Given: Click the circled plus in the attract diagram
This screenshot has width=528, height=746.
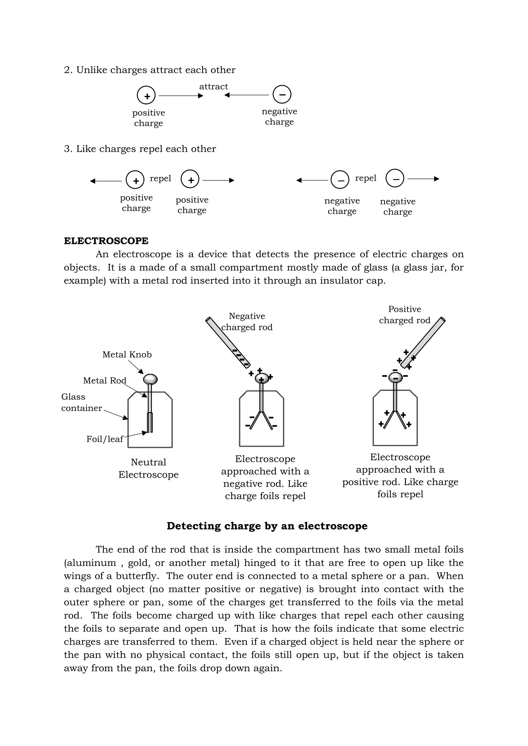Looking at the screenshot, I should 146,96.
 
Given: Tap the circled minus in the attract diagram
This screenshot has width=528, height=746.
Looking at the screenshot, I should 282,95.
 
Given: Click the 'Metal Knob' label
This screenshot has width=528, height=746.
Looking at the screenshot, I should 127,355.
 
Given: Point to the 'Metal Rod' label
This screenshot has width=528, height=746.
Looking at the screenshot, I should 104,381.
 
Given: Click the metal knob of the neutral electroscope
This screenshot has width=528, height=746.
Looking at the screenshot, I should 150,379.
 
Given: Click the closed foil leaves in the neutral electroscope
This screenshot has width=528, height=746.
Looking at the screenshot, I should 150,422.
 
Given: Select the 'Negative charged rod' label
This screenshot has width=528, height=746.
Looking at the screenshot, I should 247,321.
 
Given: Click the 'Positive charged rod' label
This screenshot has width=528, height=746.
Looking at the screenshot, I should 405,315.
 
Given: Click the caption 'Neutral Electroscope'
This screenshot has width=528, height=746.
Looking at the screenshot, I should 148,468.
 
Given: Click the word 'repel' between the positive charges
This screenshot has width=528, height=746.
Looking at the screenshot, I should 160,178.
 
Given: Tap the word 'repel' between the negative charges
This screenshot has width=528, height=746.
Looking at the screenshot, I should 365,178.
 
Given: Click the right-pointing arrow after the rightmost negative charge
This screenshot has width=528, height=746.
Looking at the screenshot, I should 423,179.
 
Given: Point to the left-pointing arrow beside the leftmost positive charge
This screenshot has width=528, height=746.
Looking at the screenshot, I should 106,181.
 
